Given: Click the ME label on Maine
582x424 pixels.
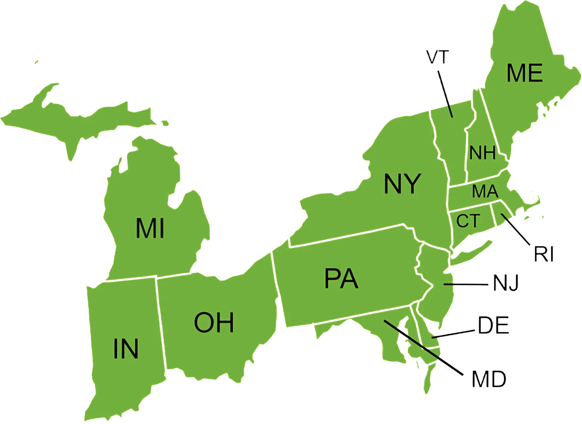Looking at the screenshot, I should tap(525, 73).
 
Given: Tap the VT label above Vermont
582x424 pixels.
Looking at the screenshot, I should tap(438, 57).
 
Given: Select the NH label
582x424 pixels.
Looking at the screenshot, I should tap(482, 153).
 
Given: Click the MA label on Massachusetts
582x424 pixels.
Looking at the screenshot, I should tap(485, 191).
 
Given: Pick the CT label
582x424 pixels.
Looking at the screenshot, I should tap(468, 221).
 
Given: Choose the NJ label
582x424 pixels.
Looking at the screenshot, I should tap(506, 283).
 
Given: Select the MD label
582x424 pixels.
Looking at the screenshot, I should tap(490, 379).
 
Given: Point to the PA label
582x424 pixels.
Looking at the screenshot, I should tap(341, 278).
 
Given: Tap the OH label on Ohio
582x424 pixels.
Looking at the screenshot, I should tap(214, 323).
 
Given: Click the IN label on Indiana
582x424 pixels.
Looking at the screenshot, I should tap(126, 348).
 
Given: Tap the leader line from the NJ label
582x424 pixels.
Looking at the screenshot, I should tap(465, 284).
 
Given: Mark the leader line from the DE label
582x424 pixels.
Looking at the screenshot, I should tap(455, 333).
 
